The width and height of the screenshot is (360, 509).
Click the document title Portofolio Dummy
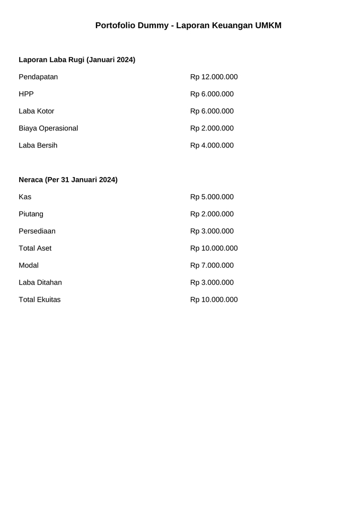[188, 25]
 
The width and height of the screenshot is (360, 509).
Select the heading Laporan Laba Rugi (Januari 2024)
[77, 60]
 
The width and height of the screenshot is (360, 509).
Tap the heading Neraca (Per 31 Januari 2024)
[68, 180]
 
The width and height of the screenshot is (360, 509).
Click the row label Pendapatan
[38, 77]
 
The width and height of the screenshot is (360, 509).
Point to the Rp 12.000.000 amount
[214, 77]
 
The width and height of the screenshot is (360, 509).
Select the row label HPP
[26, 94]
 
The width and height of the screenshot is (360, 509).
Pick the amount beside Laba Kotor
[212, 111]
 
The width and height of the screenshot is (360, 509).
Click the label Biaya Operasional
[48, 128]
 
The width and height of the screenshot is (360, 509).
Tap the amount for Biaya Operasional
[212, 128]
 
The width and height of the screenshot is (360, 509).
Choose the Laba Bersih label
[38, 145]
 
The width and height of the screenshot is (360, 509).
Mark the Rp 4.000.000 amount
[212, 145]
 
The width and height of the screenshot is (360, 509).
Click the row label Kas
[25, 197]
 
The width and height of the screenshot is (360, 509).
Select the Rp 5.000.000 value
[212, 197]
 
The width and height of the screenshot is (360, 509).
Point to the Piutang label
[31, 214]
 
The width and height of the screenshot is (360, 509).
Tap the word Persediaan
[37, 231]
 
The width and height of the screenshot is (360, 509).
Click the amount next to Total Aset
[214, 248]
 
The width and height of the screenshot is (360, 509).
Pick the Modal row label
[29, 265]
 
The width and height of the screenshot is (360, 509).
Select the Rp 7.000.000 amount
[212, 265]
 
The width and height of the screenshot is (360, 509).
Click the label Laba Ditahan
[40, 283]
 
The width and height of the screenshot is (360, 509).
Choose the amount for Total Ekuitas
[214, 300]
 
